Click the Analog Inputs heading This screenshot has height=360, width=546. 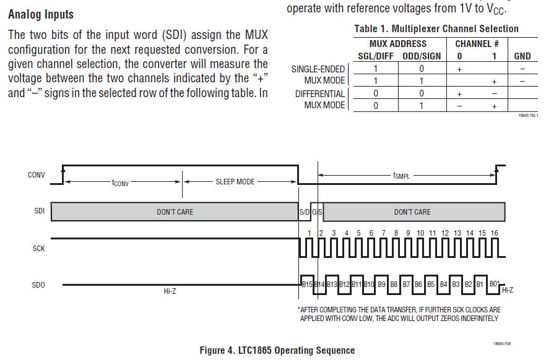coord(41,14)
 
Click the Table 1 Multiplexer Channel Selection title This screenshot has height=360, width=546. coord(436,28)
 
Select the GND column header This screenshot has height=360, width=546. coord(522,56)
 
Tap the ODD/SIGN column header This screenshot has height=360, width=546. coord(421,56)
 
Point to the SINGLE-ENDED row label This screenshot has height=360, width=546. coord(318,69)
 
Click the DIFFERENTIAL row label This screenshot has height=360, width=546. coord(319,93)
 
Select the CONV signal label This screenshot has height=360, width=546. coord(37,175)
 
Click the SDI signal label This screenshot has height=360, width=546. coord(39,212)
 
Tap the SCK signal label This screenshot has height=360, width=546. coord(38,248)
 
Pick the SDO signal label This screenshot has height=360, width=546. coord(38,285)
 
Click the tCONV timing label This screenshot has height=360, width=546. coord(120,182)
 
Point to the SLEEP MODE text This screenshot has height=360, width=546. coord(235,182)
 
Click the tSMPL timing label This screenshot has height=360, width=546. coord(401,176)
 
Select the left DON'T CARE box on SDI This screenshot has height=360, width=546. coord(175,212)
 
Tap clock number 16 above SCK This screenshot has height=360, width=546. coord(494,233)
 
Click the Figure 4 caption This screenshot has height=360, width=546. coord(277,350)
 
